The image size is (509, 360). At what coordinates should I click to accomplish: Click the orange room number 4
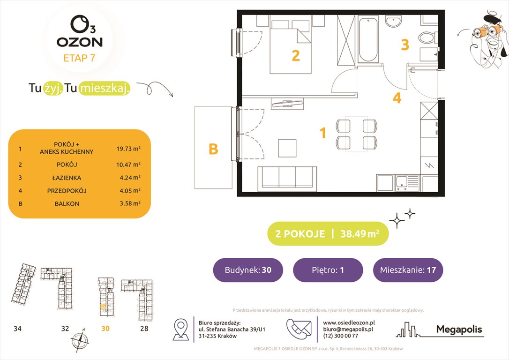(397, 99)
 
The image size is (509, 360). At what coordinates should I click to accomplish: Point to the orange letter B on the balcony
(213, 149)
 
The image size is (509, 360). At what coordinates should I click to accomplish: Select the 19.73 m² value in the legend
(128, 149)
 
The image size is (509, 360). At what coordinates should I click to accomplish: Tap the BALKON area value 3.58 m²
(128, 204)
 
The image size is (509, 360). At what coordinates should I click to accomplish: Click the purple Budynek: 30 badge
(247, 270)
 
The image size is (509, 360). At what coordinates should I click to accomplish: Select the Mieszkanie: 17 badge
(408, 270)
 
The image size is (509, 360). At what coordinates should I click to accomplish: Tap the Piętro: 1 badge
(328, 270)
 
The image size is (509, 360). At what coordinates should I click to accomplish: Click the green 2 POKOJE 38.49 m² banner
(328, 234)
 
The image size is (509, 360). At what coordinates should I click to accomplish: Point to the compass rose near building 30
(78, 340)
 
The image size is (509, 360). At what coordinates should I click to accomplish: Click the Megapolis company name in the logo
(459, 330)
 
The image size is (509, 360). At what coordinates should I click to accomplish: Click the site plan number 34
(17, 329)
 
